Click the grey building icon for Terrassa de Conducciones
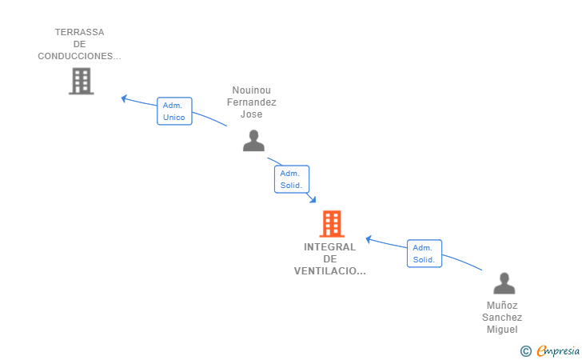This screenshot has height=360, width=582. point(82,81)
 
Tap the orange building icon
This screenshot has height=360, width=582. point(332,224)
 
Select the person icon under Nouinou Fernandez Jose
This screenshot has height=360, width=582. point(253,141)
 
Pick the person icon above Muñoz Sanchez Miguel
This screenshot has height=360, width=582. point(504,283)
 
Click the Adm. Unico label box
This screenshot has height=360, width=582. point(174,111)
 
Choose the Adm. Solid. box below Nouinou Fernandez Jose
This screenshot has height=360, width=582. point(292,179)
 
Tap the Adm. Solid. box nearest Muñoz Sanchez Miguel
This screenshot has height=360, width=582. point(425,254)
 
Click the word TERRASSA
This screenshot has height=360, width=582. point(79,32)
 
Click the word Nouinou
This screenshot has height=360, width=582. point(251,90)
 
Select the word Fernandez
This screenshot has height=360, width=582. point(251,102)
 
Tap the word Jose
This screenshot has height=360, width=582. point(251,114)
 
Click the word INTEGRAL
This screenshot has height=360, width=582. point(329,247)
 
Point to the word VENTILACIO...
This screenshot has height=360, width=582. point(325,271)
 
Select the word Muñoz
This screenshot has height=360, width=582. point(502,306)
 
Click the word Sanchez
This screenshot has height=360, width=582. point(502,318)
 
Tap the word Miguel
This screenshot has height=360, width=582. point(502,329)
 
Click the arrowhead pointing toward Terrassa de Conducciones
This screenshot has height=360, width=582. point(125,98)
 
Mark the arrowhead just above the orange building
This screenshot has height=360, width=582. point(313,199)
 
